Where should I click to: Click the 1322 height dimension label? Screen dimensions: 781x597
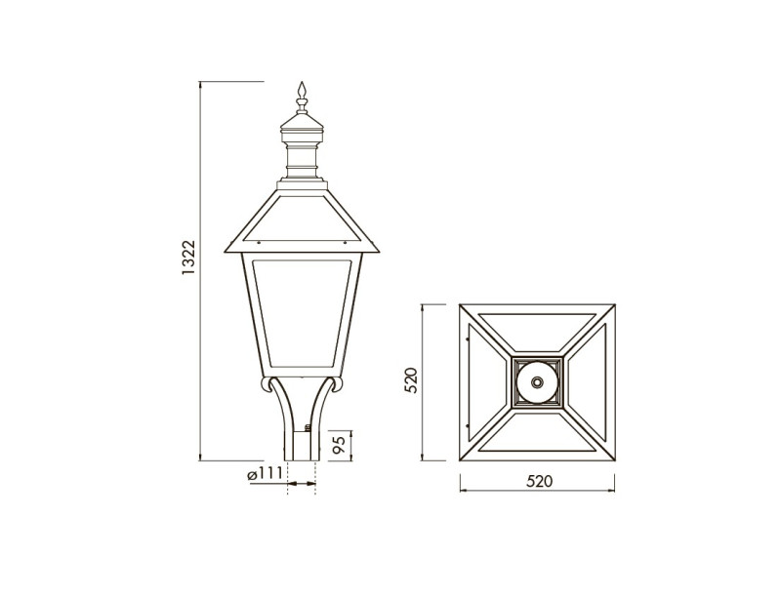click(188, 259)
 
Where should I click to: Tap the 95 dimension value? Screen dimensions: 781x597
click(339, 444)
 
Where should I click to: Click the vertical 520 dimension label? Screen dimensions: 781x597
click(411, 380)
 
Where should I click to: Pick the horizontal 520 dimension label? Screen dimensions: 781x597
click(540, 481)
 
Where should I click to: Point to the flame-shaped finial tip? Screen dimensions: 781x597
click(302, 90)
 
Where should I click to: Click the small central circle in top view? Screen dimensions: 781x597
click(538, 382)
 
